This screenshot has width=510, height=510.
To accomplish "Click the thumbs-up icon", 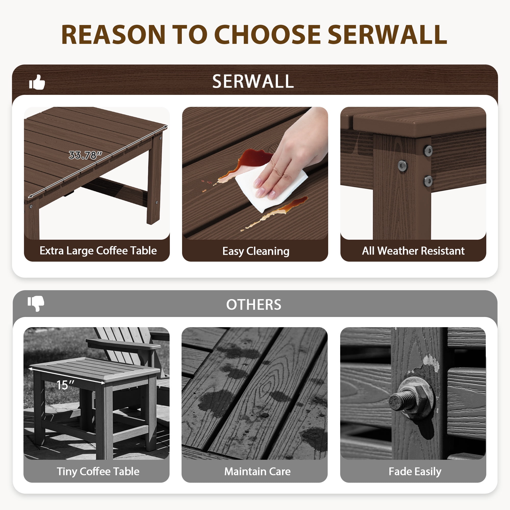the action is coord(37,82).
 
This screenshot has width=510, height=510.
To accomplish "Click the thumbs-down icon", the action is coord(36,303).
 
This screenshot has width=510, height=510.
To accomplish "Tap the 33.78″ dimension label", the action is coord(85,155).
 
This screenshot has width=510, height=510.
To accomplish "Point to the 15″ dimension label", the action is coord(65,385).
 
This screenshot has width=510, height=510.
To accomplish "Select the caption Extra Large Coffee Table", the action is coord(98,250).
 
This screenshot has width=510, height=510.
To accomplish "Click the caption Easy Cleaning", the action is coord(256,251).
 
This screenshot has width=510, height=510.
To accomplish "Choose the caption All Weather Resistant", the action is coord(413,250).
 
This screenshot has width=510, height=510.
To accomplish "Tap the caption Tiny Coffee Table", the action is coord(98,471).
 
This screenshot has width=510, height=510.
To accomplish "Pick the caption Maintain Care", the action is coord(257,471).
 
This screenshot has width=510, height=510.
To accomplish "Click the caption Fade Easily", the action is coord(415,471).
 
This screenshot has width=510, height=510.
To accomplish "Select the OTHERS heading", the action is coord(254,304).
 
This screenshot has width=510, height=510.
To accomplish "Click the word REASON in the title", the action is coord(113,35).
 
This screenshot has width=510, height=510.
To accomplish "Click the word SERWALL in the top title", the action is coord(387,35).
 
